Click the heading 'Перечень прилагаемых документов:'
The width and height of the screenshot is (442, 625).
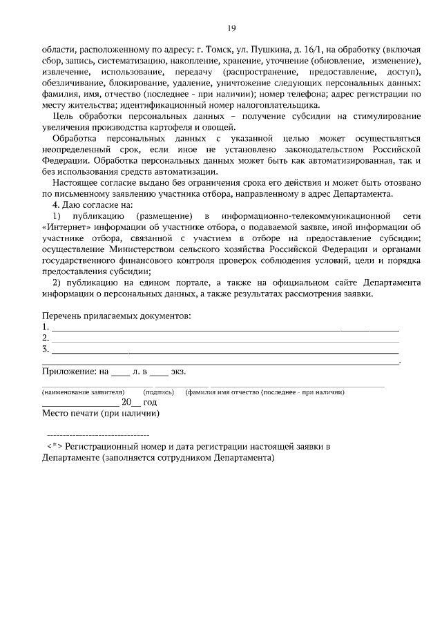pos(116,316)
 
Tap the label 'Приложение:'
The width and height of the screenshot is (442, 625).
pos(70,372)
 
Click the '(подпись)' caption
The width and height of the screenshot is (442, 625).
pos(158,392)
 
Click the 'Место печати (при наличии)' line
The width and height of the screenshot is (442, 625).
pos(100,414)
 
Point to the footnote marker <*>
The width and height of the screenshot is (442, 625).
pos(55,446)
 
